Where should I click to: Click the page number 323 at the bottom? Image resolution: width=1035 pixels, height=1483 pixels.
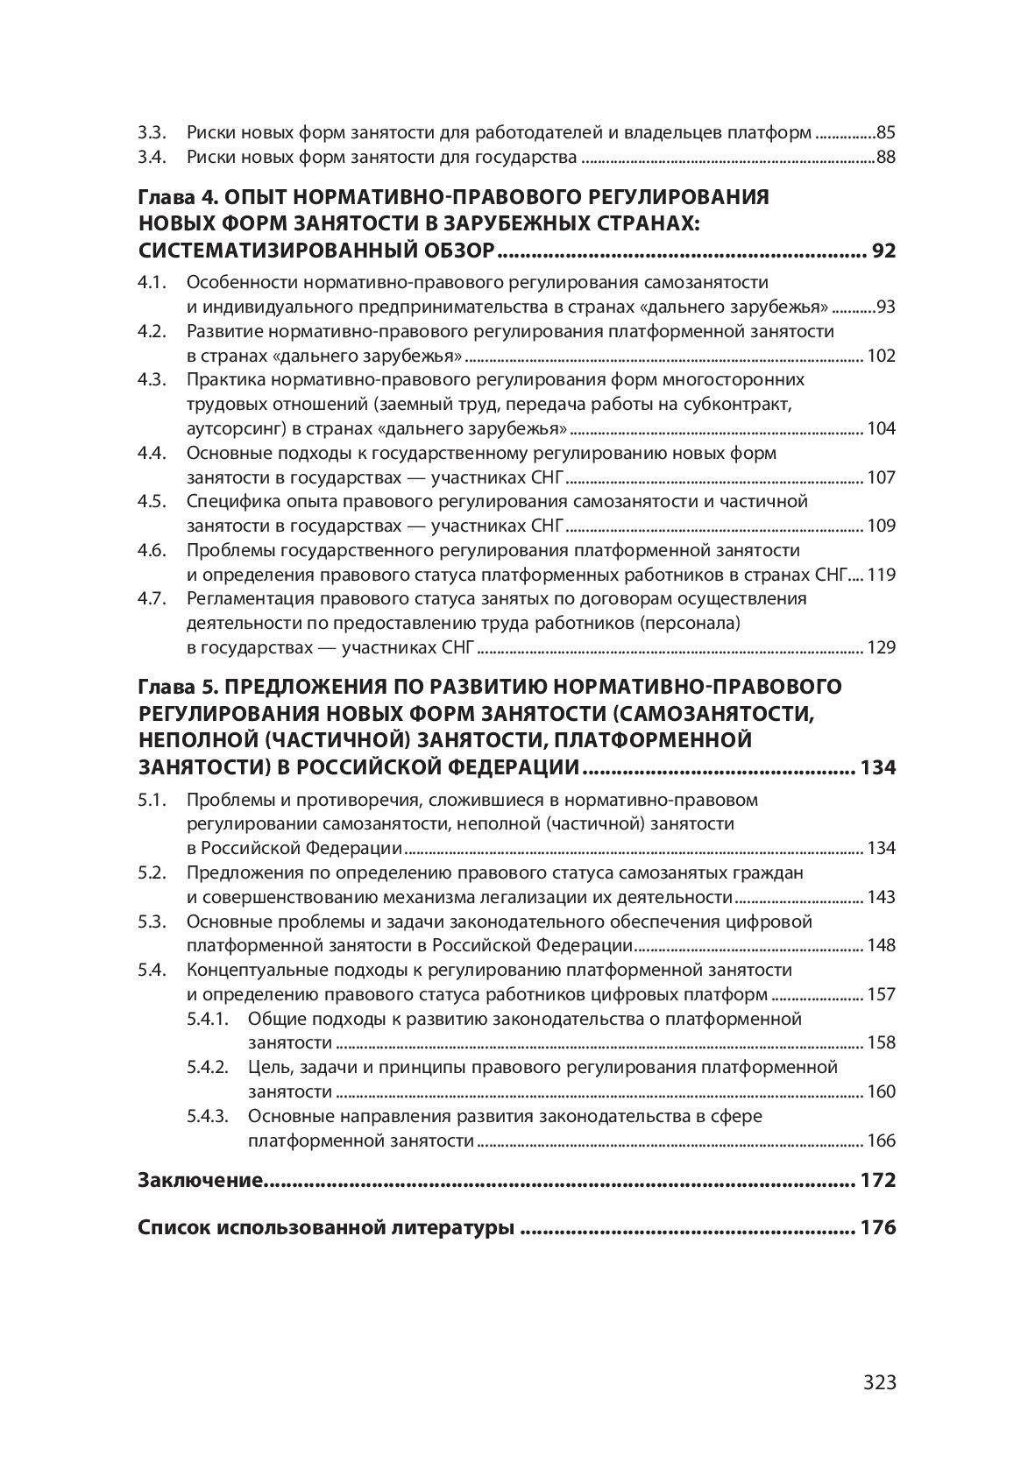(x=879, y=1383)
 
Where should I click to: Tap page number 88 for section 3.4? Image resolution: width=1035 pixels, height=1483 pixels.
(x=885, y=159)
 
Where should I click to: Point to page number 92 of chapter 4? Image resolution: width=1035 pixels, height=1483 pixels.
(x=883, y=253)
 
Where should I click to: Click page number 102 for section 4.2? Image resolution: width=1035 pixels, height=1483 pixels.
(x=881, y=356)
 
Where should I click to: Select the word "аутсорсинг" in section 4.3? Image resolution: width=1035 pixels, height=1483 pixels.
(x=230, y=429)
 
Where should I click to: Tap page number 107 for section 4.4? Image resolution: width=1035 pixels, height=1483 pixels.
(x=881, y=477)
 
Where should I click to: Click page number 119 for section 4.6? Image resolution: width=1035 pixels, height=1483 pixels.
(x=881, y=576)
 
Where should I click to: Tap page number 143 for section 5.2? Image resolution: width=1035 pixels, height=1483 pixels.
(x=881, y=897)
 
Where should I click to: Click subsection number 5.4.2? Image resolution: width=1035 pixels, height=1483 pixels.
(x=207, y=1067)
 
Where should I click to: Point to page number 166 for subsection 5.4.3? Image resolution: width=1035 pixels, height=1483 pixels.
(x=881, y=1140)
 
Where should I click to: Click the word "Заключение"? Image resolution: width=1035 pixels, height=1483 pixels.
(x=201, y=1180)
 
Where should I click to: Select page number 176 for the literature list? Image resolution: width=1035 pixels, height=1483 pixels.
(x=879, y=1228)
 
